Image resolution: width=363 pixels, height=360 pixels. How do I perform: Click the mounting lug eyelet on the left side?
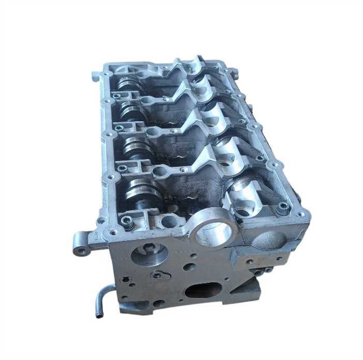[82, 252]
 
